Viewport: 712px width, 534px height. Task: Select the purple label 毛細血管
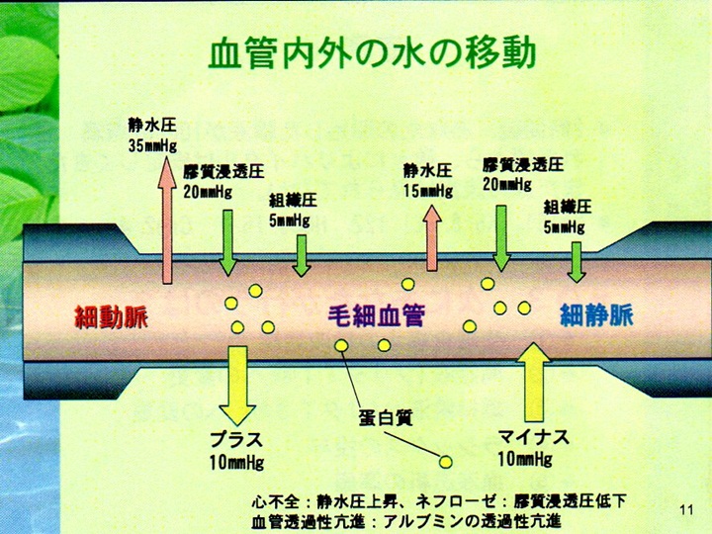coord(376,317)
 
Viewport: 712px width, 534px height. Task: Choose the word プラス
coord(234,439)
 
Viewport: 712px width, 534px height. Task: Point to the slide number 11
coord(688,510)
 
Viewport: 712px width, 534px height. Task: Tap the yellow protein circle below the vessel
coord(446,461)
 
